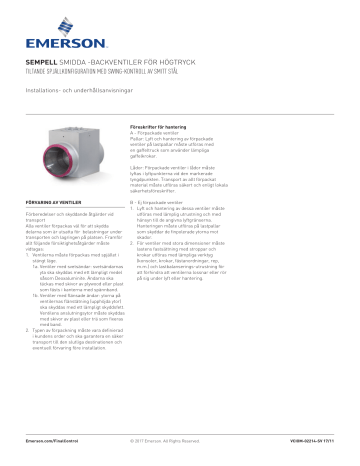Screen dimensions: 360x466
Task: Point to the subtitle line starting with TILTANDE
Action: click(x=110, y=71)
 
